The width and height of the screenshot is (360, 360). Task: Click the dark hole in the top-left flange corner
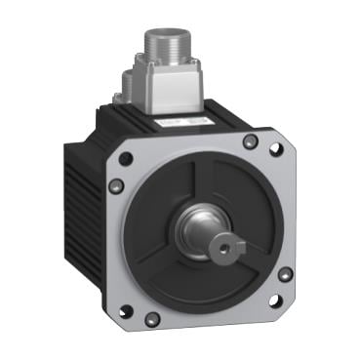125,157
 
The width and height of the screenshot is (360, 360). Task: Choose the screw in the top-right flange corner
251,142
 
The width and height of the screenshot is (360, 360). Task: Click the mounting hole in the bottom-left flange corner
125,312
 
